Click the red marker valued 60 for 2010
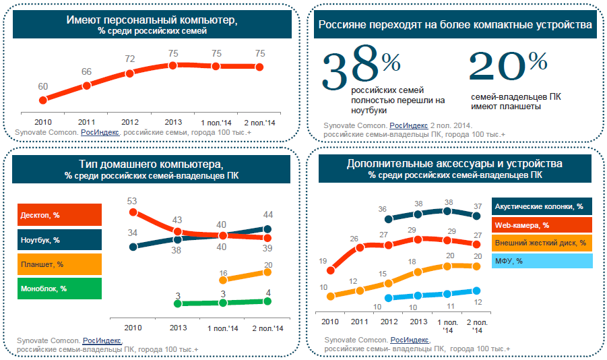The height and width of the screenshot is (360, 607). click(x=43, y=100)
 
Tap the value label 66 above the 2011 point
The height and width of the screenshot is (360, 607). click(x=87, y=71)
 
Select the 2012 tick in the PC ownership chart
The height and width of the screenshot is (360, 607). click(x=130, y=122)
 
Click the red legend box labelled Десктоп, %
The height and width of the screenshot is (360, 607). click(x=59, y=216)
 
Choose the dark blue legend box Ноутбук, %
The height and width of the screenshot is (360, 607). click(x=59, y=240)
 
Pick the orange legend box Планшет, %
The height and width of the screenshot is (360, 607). click(x=59, y=264)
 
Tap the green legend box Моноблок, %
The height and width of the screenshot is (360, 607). click(x=59, y=289)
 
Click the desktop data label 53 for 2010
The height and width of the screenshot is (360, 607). click(x=132, y=201)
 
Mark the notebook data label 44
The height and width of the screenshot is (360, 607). click(x=267, y=215)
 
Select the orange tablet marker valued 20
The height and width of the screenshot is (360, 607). click(x=267, y=272)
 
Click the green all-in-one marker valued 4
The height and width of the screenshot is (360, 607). click(x=267, y=301)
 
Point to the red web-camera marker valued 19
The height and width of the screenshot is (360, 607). click(x=330, y=270)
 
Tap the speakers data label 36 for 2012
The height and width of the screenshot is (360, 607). click(x=382, y=209)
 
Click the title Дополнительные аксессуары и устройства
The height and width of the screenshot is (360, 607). click(x=455, y=164)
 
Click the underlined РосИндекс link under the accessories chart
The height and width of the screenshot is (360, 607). click(x=406, y=339)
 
